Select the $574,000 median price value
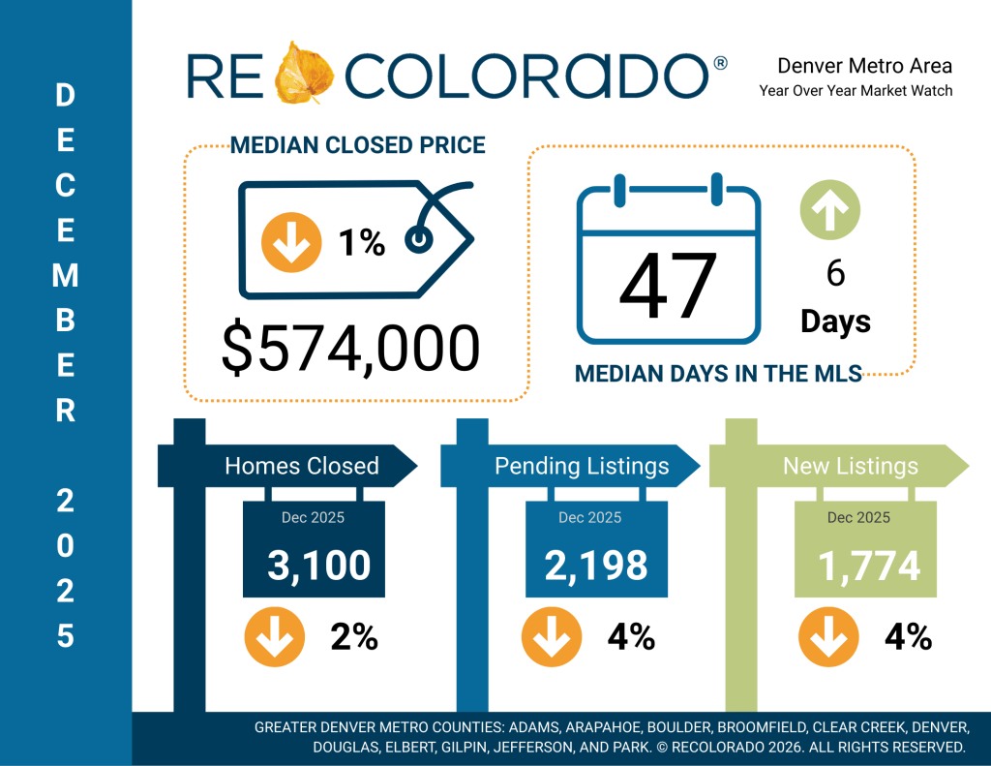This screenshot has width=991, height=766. tap(350, 349)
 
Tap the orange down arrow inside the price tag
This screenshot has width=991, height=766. tap(291, 242)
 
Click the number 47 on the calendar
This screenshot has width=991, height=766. tap(668, 289)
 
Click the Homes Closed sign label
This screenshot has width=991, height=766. tap(301, 466)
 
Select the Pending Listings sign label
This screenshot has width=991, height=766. tap(582, 466)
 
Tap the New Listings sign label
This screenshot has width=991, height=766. tap(850, 466)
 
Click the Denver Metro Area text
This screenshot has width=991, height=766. tap(864, 66)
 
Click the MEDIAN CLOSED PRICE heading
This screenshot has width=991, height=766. tap(357, 146)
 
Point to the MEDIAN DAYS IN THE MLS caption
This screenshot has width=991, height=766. tap(718, 374)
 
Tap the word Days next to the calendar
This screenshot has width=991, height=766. tap(835, 322)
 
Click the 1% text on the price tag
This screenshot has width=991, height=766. tap(361, 243)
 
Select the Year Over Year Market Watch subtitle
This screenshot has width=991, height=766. tap(856, 90)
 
